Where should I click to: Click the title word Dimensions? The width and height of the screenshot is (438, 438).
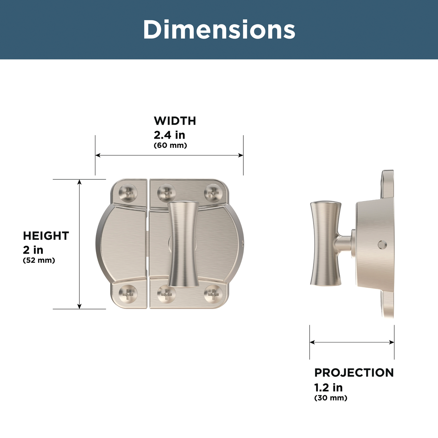click(x=219, y=30)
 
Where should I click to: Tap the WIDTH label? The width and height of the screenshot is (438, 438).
click(x=175, y=121)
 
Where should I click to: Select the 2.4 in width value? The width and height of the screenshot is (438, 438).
click(x=169, y=135)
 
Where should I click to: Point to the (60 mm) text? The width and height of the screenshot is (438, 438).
click(x=170, y=145)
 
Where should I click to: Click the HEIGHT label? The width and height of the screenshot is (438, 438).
click(x=46, y=236)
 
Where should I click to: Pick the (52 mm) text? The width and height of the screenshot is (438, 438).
click(x=39, y=260)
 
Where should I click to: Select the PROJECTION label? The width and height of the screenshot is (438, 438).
click(x=354, y=373)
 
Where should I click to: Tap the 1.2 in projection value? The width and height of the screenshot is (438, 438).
click(x=328, y=387)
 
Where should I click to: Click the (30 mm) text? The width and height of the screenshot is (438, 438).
click(x=331, y=398)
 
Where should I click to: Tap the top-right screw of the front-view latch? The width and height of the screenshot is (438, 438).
click(x=213, y=193)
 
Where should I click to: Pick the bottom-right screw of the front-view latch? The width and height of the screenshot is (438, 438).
click(x=213, y=294)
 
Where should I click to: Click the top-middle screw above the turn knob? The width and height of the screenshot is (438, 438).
click(x=166, y=193)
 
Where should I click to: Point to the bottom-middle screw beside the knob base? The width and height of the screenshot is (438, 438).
click(x=166, y=294)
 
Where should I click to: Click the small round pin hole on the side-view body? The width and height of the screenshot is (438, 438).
click(x=382, y=244)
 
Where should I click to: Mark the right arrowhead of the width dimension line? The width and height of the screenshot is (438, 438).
click(x=241, y=155)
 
